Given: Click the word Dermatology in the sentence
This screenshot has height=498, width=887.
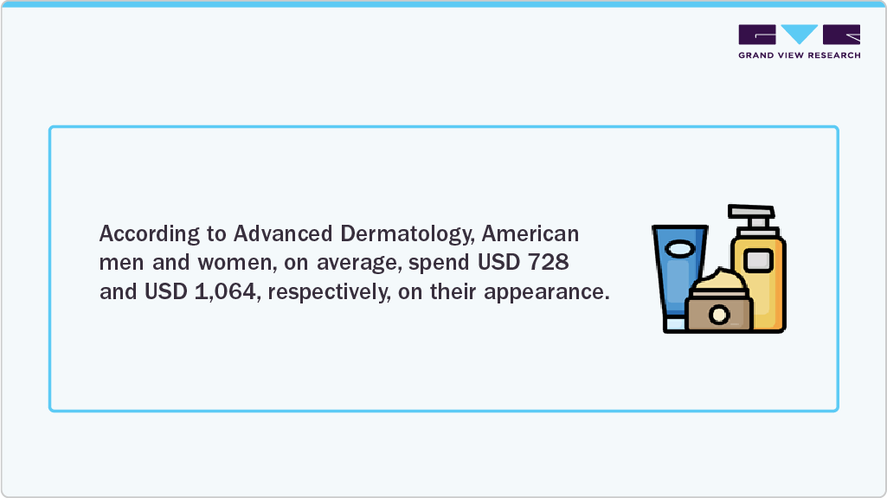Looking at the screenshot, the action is (408, 234).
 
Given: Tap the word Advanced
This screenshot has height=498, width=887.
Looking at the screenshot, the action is (283, 233).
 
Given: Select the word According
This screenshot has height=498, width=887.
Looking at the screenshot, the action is (150, 234).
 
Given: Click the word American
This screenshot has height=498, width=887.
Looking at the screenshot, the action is (530, 233).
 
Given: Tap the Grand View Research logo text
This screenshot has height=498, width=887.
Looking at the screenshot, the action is (800, 55).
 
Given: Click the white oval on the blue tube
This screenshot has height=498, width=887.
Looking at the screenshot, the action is (680, 249).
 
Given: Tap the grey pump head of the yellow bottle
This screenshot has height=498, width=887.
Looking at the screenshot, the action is (752, 218).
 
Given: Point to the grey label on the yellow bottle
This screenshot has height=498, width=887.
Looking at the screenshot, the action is (758, 260).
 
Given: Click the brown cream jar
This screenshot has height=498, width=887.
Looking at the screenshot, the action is (719, 310).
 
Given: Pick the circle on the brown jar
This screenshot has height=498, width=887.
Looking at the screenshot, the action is (719, 315).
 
